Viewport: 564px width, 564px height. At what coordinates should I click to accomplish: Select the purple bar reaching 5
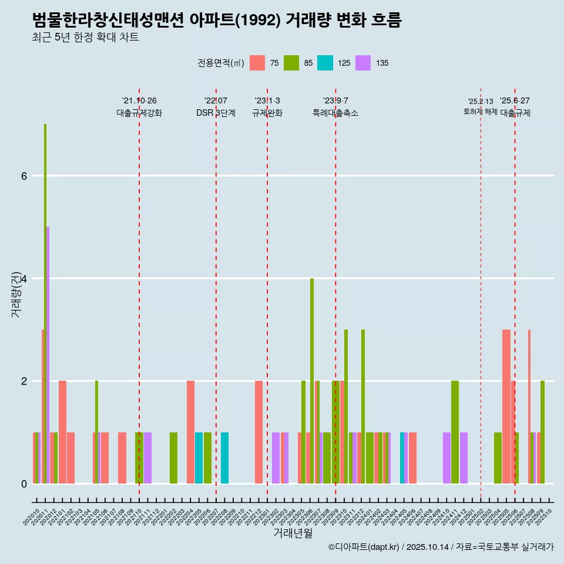click(x=48, y=355)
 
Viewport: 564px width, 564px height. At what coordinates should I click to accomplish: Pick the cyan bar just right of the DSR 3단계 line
click(x=224, y=458)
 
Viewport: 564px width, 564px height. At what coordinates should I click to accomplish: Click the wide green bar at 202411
click(x=455, y=432)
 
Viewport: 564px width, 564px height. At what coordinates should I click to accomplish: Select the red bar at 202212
click(x=258, y=432)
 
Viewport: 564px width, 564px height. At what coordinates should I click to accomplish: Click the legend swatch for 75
click(x=257, y=63)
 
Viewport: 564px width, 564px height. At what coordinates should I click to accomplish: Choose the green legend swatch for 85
click(x=291, y=63)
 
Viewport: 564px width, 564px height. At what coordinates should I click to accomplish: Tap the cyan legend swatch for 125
click(x=325, y=63)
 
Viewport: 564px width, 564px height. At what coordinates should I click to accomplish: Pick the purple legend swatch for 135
click(x=363, y=63)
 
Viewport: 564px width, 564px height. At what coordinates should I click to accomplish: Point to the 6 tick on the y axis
click(x=24, y=176)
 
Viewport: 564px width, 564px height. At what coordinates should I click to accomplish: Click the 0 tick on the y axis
click(x=24, y=484)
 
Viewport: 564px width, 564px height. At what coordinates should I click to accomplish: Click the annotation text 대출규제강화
click(x=139, y=113)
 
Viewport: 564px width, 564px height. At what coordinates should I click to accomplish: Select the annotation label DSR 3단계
click(x=216, y=113)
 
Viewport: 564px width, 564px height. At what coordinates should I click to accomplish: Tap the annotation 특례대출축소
click(x=335, y=113)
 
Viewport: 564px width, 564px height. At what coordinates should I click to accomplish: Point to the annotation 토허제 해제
click(x=480, y=112)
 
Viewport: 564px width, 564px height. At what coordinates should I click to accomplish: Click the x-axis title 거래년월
click(x=293, y=533)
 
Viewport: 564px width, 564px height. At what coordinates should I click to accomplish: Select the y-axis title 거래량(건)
click(x=16, y=294)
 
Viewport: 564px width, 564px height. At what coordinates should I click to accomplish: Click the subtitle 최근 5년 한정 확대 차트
click(x=85, y=38)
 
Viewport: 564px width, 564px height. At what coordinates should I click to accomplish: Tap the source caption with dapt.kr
click(x=441, y=547)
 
